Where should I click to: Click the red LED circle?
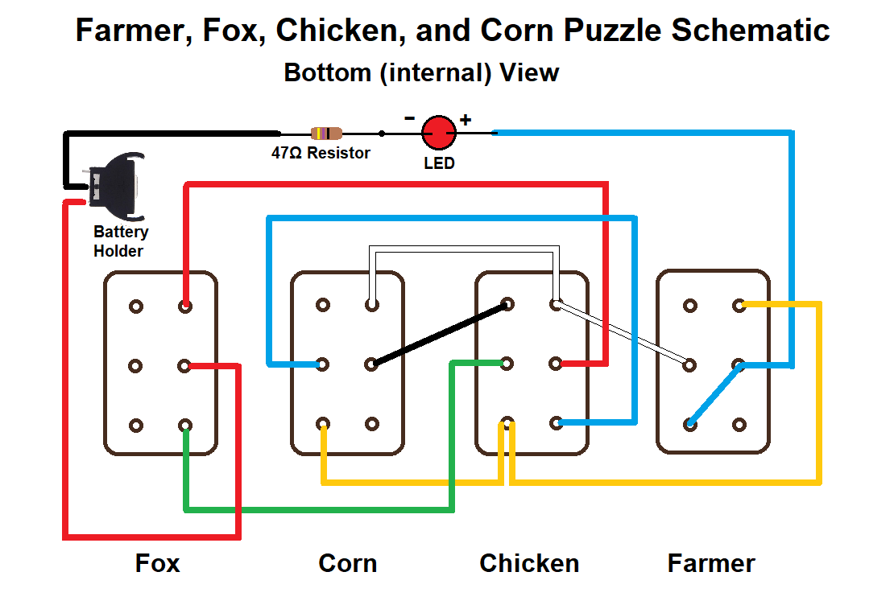tap(439, 133)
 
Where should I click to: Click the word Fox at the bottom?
tap(157, 563)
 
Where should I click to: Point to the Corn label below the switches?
tap(347, 563)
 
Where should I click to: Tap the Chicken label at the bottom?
tap(529, 563)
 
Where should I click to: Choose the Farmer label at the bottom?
tap(711, 563)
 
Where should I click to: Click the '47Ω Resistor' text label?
tap(321, 153)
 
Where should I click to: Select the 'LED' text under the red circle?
tap(439, 163)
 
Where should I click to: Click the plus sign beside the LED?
tap(466, 121)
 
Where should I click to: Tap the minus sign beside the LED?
tap(410, 118)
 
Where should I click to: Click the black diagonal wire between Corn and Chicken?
tap(439, 335)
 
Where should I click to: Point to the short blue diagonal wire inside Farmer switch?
tap(714, 395)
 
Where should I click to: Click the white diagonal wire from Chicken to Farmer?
tap(622, 335)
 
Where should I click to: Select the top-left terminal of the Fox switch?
tap(136, 307)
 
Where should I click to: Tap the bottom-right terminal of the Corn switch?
tap(371, 424)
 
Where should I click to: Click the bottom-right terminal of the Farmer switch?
tap(739, 424)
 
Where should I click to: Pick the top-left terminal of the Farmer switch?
tap(689, 306)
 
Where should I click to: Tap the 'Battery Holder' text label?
tap(120, 241)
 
